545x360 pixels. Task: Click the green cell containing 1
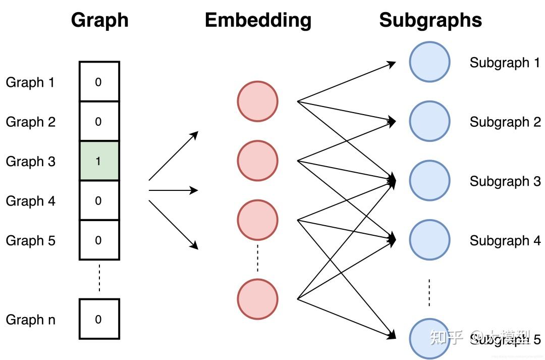(x=99, y=161)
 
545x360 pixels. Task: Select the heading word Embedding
(x=258, y=20)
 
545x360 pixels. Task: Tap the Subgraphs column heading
(x=430, y=20)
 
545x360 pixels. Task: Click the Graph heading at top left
(x=99, y=20)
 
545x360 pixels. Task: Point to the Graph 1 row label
(x=30, y=82)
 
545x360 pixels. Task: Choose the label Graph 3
(x=30, y=162)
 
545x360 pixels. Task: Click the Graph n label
(x=30, y=320)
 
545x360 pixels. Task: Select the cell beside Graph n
(x=99, y=319)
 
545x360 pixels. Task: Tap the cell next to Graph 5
(x=99, y=240)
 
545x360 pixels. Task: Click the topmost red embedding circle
(x=257, y=101)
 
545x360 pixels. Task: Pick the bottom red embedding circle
(x=257, y=299)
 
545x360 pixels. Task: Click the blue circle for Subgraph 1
(x=429, y=62)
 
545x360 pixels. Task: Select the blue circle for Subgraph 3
(x=429, y=181)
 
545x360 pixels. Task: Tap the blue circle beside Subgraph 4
(x=429, y=240)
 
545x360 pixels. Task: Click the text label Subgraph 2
(x=505, y=122)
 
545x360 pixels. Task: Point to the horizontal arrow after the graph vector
(x=173, y=190)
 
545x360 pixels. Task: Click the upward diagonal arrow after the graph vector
(x=173, y=156)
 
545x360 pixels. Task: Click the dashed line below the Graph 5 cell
(x=99, y=278)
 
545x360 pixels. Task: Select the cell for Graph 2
(x=99, y=122)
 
